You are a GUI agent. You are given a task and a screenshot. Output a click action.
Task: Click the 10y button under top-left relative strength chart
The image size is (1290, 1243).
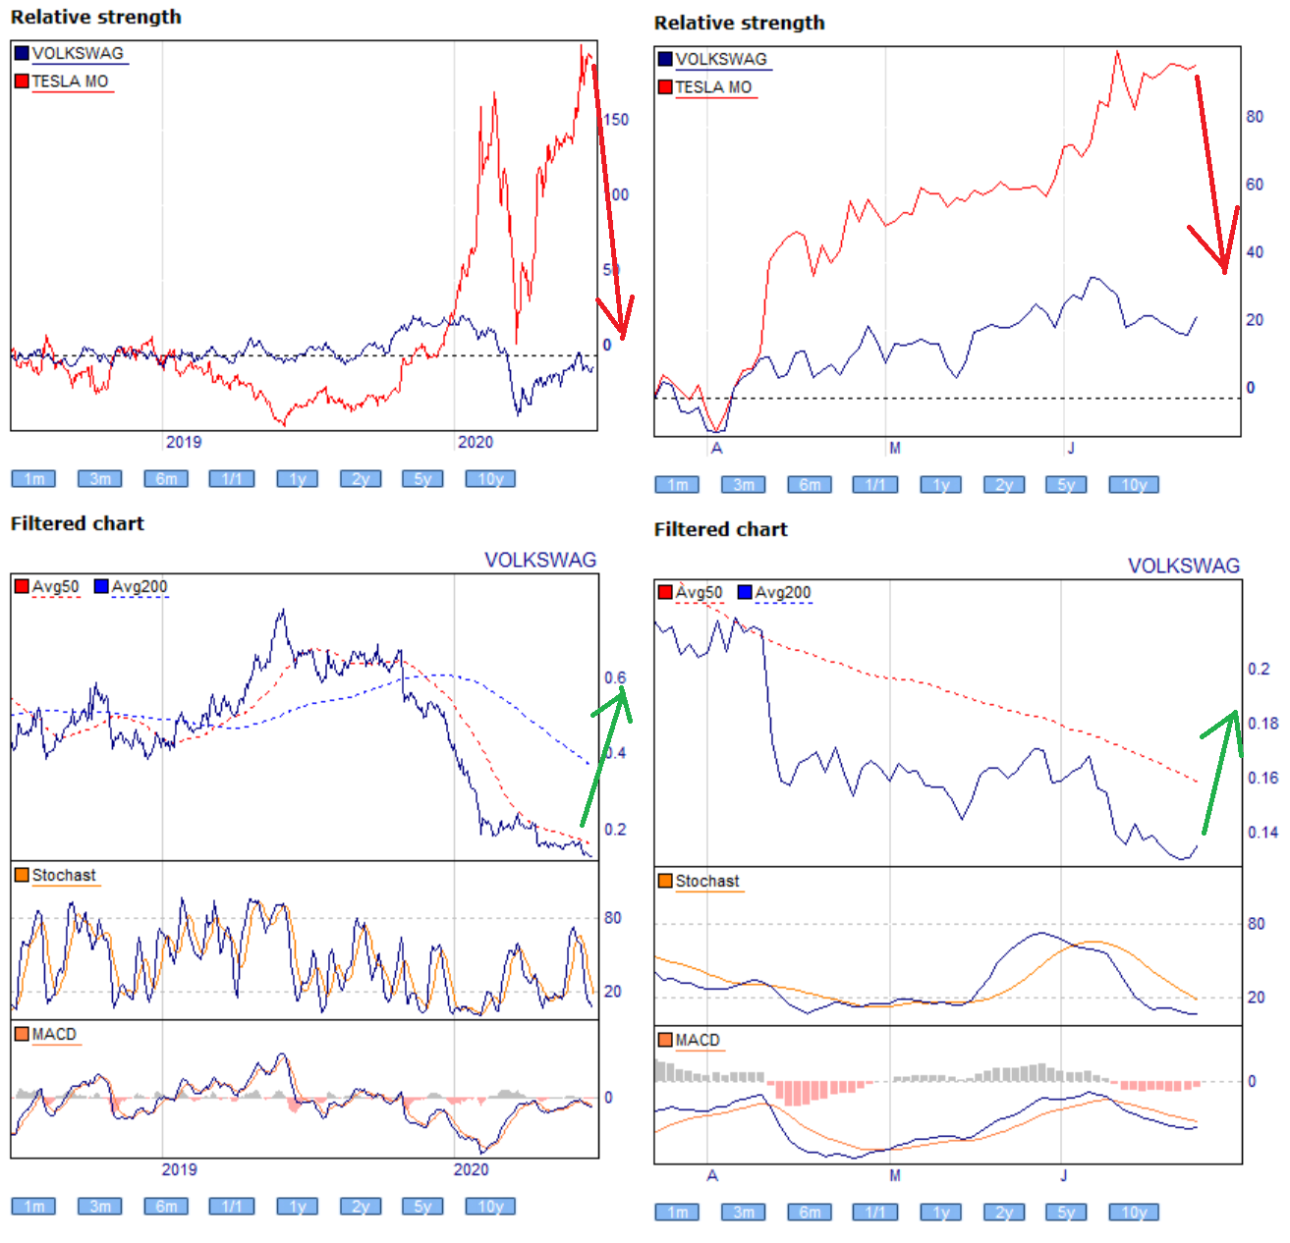coord(489,479)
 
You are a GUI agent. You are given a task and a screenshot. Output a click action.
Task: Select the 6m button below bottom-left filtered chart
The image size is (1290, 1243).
coord(166,1207)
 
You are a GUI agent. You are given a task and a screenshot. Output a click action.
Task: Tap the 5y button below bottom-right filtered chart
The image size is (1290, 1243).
coord(1066,1213)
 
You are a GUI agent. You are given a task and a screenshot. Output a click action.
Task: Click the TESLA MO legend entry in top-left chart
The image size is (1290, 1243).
coord(70,81)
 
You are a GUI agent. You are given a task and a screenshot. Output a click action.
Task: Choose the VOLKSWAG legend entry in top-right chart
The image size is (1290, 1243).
coord(720,59)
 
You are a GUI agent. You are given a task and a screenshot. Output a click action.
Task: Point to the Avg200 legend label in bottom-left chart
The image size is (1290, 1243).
coord(139,587)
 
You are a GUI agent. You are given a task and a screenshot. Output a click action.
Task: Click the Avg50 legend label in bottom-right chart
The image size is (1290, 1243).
coord(699,593)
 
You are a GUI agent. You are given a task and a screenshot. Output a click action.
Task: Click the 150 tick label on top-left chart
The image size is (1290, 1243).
coord(616,120)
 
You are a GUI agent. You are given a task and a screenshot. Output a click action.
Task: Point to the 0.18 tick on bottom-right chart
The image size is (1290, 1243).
coord(1262,724)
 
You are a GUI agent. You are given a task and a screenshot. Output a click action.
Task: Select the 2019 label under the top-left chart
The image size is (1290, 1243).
coord(184,442)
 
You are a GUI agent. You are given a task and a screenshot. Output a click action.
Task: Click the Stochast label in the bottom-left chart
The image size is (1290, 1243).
coord(64,876)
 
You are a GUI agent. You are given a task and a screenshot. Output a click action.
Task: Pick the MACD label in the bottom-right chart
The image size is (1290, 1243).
coord(698,1041)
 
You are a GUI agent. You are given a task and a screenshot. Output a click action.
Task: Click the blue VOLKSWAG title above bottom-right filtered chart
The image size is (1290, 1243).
coord(1183,567)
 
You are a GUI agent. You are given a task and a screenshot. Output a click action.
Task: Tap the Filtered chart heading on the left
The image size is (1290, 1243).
coord(78,524)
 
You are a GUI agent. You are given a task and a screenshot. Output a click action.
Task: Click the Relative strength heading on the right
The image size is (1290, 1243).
coord(739,24)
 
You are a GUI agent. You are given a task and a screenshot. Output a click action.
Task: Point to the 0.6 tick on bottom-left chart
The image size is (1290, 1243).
coord(615,678)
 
